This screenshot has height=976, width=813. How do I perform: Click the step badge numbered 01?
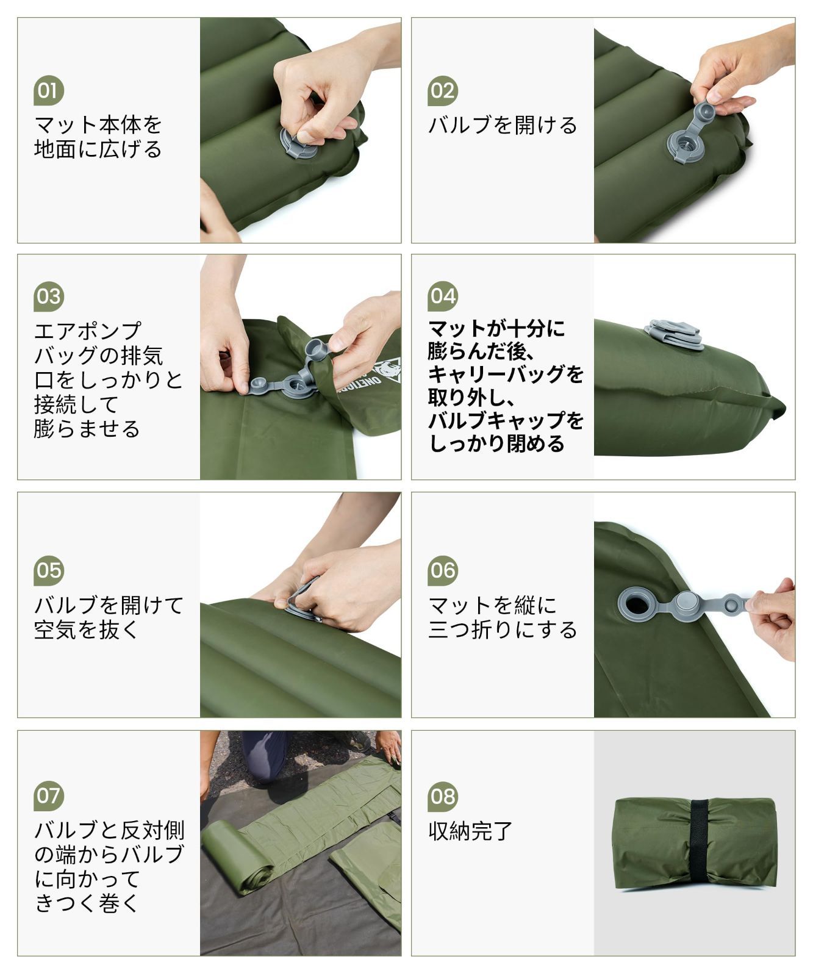pos(49,91)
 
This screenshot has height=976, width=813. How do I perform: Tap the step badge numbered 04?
pos(443,296)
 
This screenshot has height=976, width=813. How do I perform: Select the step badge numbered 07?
pos(49,795)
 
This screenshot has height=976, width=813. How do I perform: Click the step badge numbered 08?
pos(443,796)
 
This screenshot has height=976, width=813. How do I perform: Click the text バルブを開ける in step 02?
pos(503,125)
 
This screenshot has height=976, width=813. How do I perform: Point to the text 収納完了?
pos(470,831)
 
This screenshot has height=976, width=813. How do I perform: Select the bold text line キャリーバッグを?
pos(506,373)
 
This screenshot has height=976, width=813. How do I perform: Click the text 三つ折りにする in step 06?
pos(503,629)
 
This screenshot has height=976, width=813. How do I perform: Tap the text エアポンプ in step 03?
pos(87,331)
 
